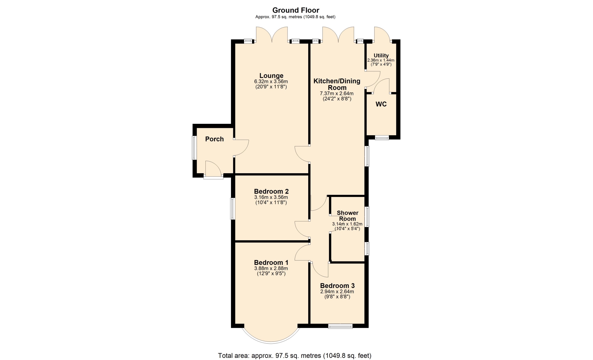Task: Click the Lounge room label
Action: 271,76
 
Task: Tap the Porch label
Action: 214,139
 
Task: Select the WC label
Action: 381,104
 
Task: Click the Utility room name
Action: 381,56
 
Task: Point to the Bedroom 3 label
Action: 337,286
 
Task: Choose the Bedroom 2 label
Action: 271,191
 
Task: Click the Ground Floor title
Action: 296,10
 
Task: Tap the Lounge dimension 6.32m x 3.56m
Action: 271,82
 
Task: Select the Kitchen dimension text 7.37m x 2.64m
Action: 337,94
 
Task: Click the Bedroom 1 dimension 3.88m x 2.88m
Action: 271,269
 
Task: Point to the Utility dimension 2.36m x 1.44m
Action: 381,61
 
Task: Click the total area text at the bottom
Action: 295,356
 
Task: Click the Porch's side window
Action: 194,148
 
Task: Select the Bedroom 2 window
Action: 233,209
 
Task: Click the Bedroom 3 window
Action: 340,326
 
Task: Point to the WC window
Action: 382,138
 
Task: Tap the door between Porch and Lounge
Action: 241,148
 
